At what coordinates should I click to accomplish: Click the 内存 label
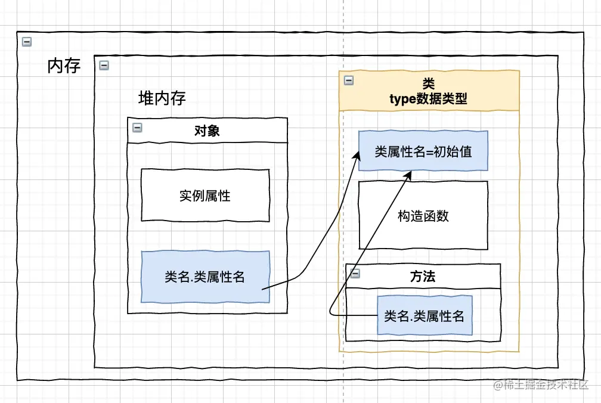coord(64,66)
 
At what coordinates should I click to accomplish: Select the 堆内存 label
coord(162,98)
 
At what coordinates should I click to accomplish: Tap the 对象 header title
coord(207,131)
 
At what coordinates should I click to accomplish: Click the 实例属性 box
coord(205,195)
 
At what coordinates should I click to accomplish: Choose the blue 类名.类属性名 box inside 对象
coord(205,277)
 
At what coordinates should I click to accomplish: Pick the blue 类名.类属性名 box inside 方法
coord(425,316)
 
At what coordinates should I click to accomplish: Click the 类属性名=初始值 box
coord(423,151)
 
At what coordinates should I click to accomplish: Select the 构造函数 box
coord(423,216)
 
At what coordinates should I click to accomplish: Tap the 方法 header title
coord(423,277)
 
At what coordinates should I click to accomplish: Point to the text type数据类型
coord(428,100)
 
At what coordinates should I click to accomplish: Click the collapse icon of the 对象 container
coord(137,127)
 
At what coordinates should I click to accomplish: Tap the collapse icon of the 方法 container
coord(355,273)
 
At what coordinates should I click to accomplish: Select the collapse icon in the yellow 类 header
coord(349,80)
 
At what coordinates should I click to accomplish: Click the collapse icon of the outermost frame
coord(26,41)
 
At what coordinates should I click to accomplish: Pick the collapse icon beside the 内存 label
coord(104,66)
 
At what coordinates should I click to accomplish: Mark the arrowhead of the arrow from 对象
coord(360,153)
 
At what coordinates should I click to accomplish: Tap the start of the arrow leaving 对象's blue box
coord(264,289)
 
